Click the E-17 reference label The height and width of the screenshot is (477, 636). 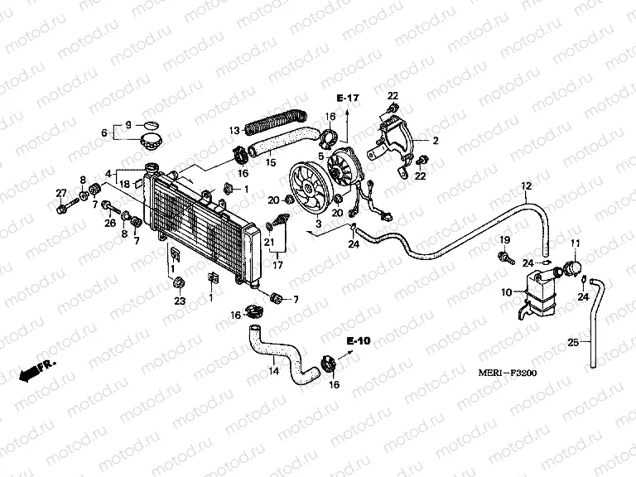point(349,99)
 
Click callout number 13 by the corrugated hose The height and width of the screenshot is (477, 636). point(234,130)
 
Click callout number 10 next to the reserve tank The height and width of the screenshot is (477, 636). point(507,292)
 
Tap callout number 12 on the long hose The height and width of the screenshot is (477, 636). point(525,185)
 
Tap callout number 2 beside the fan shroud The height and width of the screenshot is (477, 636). point(436,141)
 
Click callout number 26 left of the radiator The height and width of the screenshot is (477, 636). point(109,223)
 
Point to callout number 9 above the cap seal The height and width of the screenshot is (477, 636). point(128,124)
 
